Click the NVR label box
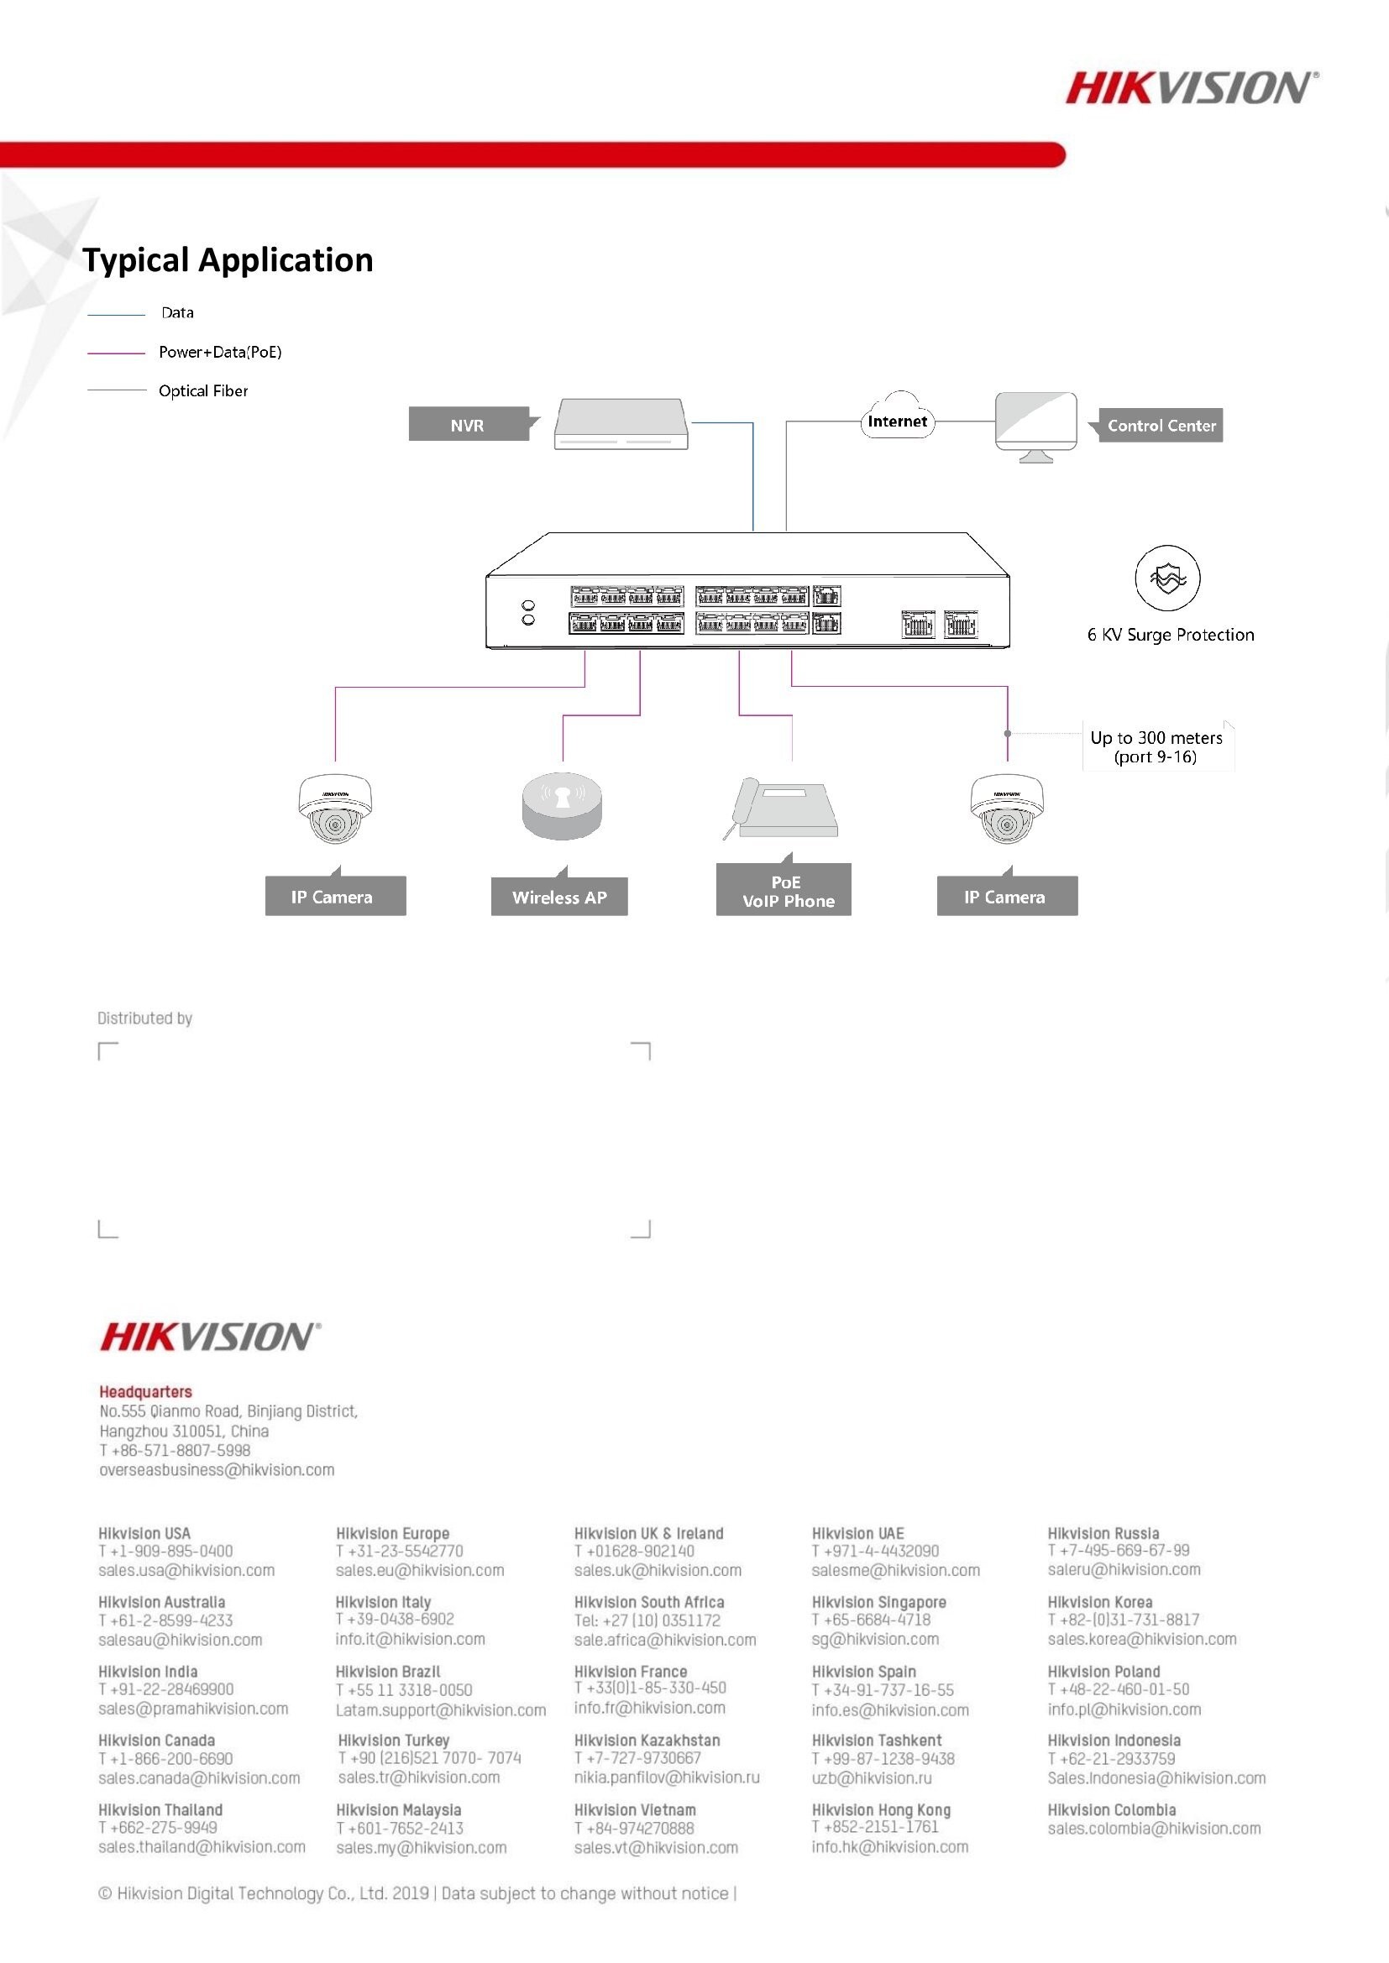point(468,425)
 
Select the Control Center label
point(1161,425)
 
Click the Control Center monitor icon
point(1035,426)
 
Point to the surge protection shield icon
point(1167,578)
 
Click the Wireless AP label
point(559,897)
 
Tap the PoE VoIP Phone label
point(784,891)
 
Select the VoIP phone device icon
point(781,808)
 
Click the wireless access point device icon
point(562,805)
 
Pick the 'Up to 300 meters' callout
point(1156,746)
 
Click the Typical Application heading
point(228,260)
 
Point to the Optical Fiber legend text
point(203,390)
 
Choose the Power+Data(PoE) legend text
point(220,352)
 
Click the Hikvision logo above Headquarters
point(211,1337)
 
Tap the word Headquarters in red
point(145,1392)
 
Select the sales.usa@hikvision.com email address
point(186,1571)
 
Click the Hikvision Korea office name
point(1100,1602)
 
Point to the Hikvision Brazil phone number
point(404,1690)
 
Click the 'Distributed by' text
point(144,1018)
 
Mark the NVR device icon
point(621,423)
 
